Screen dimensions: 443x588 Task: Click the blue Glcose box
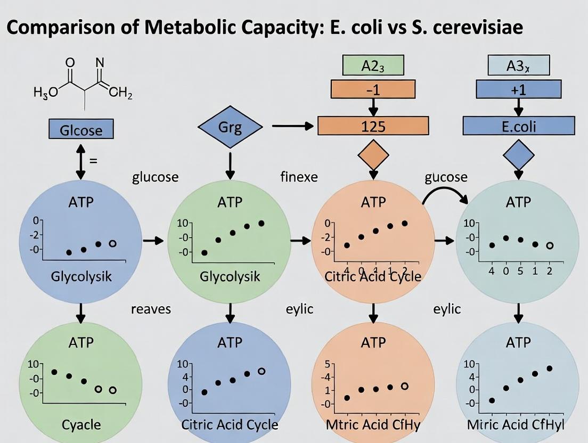click(80, 129)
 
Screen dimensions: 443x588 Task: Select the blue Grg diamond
click(230, 128)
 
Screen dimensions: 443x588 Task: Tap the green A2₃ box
click(373, 65)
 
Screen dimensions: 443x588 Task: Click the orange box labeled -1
click(373, 89)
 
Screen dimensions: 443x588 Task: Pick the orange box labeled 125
click(373, 126)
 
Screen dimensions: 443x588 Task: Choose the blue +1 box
click(518, 89)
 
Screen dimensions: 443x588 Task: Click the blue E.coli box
click(518, 126)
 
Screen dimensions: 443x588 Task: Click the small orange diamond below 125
click(373, 154)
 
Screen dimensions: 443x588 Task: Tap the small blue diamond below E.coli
click(518, 154)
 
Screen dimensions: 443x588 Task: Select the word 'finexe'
click(298, 177)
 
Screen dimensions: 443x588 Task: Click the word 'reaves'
click(151, 309)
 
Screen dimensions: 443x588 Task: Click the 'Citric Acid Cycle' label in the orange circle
click(373, 276)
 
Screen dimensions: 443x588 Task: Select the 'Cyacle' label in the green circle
click(80, 424)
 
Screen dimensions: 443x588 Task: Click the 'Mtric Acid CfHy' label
click(373, 424)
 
